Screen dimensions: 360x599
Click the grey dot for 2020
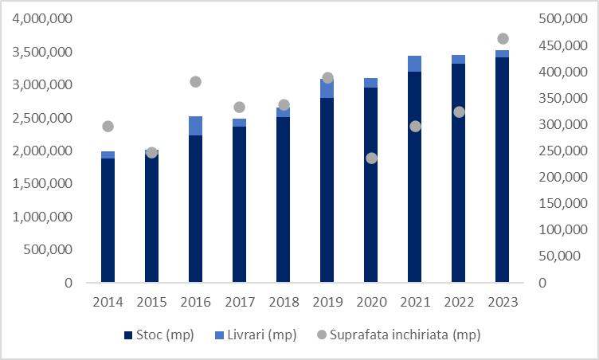(370, 158)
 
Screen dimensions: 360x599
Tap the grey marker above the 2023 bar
(503, 39)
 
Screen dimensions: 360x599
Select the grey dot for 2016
(195, 81)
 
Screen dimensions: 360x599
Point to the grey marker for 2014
(108, 126)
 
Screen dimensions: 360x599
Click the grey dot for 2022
(459, 112)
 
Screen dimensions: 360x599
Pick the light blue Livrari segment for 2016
(195, 126)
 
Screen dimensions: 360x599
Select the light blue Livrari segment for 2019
(327, 88)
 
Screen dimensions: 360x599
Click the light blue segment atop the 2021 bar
(414, 64)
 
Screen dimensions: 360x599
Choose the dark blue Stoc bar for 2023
(503, 170)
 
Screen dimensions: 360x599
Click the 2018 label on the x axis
(283, 302)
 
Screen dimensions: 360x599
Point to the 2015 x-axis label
(151, 302)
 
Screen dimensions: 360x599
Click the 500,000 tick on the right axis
(560, 18)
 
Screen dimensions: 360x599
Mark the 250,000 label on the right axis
(560, 151)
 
